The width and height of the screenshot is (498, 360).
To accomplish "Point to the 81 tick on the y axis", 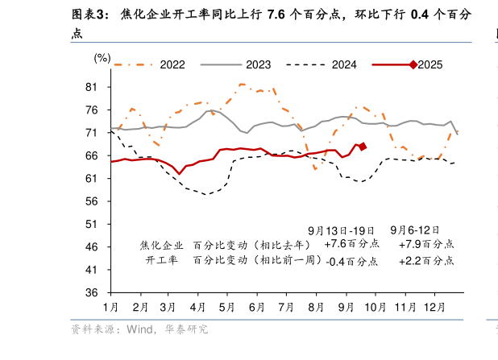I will [91, 87].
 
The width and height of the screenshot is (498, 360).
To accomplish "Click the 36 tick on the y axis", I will [91, 292].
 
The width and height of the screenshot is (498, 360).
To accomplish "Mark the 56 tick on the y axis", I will [91, 201].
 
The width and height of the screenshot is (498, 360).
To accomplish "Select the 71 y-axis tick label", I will [91, 133].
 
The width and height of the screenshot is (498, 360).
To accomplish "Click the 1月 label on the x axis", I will [111, 308].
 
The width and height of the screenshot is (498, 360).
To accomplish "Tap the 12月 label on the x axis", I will [434, 308].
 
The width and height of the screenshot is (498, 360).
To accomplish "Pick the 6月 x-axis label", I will [257, 308].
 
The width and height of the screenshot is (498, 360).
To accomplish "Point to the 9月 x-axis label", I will [347, 308].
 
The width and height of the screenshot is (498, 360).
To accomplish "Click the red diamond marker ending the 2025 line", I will [363, 147].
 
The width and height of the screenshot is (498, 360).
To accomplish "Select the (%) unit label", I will [102, 57].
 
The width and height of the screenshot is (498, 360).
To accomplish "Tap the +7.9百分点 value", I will [426, 244].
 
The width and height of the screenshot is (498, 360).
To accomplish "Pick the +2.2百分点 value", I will [426, 261].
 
